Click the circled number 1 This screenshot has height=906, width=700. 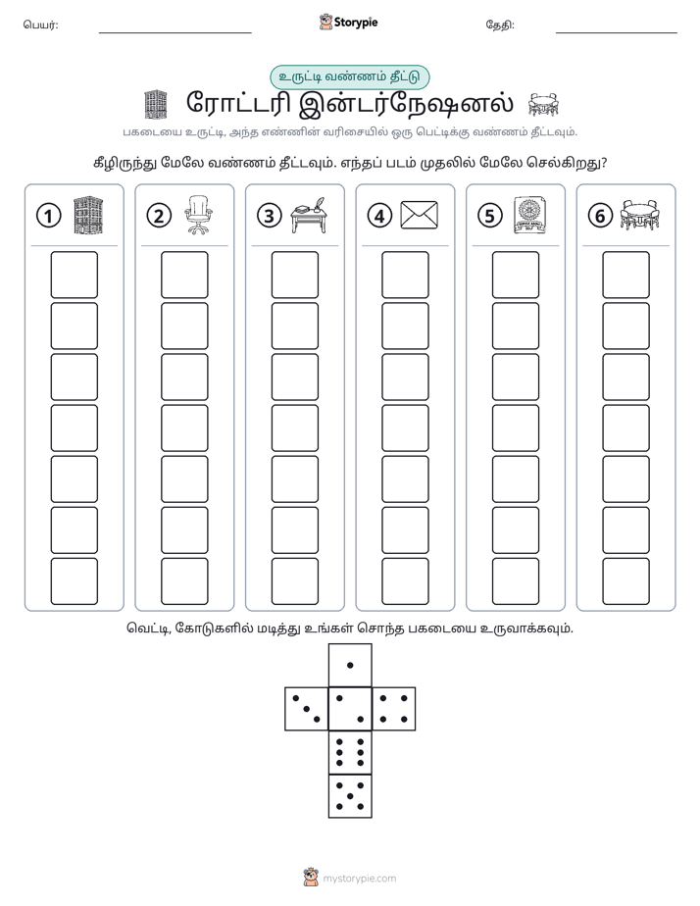tap(48, 216)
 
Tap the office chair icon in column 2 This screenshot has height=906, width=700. tap(198, 215)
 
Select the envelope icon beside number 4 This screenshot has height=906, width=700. tap(420, 216)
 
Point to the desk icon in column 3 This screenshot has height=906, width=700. tap(309, 216)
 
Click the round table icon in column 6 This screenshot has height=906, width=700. tap(639, 215)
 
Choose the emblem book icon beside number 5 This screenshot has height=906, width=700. tap(530, 216)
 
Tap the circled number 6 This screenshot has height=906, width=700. tap(600, 216)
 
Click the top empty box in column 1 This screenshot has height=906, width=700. tap(74, 275)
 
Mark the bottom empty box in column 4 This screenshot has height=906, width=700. tap(406, 581)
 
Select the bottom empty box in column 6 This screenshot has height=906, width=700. tap(626, 581)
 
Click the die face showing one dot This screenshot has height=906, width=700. tap(350, 665)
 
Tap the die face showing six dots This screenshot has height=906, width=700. tap(350, 752)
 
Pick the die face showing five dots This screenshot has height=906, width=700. tap(350, 796)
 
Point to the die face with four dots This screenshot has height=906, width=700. tap(394, 709)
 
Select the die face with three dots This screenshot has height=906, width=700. tap(307, 709)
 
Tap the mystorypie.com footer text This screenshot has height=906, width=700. tap(359, 879)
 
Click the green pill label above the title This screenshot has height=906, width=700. tap(350, 77)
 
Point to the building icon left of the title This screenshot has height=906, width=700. tap(155, 105)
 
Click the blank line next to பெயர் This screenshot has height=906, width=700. tap(175, 32)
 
